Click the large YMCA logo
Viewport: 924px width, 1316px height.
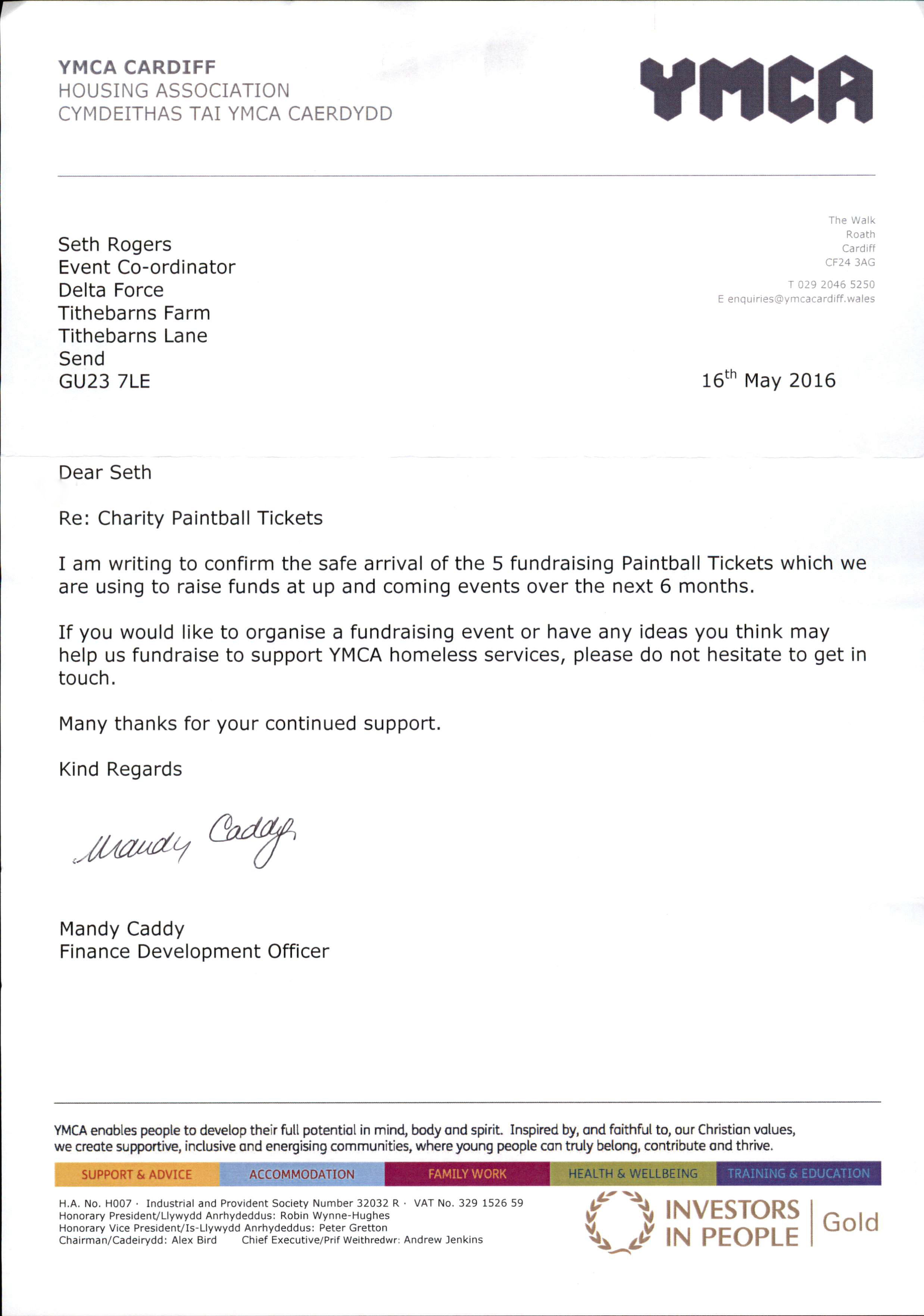(756, 88)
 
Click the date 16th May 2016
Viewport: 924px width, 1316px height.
(768, 380)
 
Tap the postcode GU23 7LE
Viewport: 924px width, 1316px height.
(104, 382)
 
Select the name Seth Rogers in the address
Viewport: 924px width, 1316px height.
(115, 245)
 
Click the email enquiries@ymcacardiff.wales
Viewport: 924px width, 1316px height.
(801, 299)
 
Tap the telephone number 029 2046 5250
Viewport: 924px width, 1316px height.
(836, 284)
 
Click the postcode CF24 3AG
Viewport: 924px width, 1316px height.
(850, 263)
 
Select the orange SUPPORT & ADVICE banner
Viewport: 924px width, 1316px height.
(137, 1174)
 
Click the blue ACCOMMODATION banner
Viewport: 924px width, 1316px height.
(302, 1174)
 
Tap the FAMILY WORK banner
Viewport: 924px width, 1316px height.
(467, 1174)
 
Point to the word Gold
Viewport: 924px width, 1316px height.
(850, 1223)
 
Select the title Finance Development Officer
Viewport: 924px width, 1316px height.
(194, 952)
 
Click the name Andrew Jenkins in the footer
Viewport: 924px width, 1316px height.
(443, 1240)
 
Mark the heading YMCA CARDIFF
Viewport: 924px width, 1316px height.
(137, 68)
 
